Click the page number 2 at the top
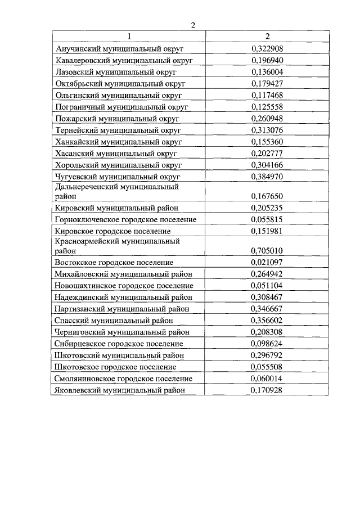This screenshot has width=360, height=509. click(x=193, y=25)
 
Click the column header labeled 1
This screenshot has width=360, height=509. click(x=128, y=37)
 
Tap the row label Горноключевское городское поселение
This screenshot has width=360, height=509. click(x=125, y=219)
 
